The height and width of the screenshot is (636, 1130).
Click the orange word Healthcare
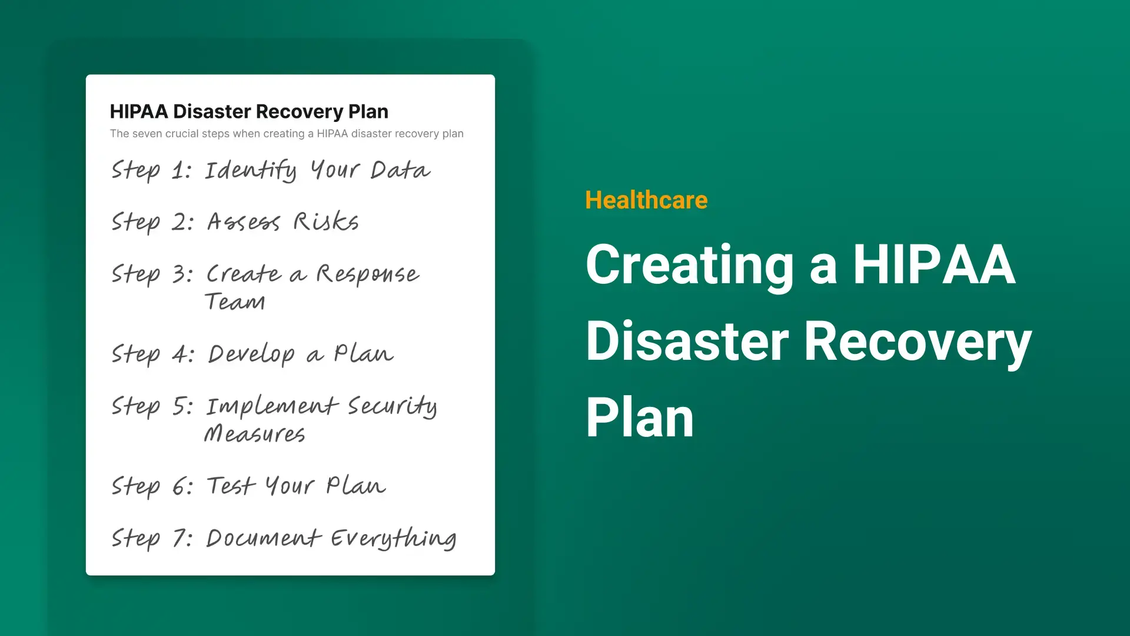[x=646, y=200]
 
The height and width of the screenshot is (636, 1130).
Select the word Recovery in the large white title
[x=918, y=343]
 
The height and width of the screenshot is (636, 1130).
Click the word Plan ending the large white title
[x=640, y=418]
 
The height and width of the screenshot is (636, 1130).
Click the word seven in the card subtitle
[x=147, y=134]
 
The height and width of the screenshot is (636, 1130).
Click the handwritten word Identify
[x=251, y=170]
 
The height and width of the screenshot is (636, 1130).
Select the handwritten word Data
[x=400, y=170]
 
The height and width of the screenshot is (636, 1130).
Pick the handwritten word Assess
[x=244, y=222]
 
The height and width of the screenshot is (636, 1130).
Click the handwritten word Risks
[x=326, y=221]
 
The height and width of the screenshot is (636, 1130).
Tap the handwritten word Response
[x=368, y=274]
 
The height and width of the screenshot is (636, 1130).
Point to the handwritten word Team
[x=235, y=302]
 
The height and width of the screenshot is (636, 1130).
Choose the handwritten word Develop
[x=251, y=355]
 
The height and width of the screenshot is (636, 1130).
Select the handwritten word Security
[x=392, y=406]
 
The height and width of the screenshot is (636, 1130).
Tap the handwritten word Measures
[x=254, y=433]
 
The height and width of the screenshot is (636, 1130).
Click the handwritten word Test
[x=231, y=486]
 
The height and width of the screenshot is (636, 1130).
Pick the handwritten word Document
[x=263, y=538]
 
